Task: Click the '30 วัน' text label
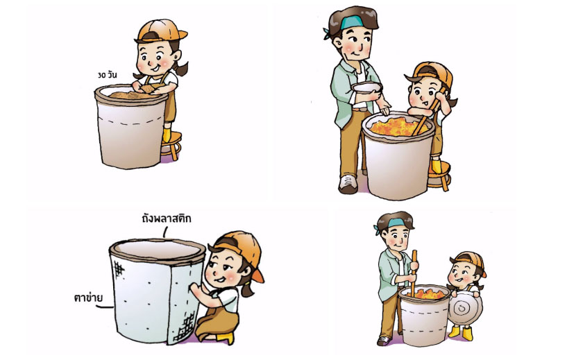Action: click(x=107, y=75)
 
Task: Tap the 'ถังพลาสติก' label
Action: click(x=167, y=218)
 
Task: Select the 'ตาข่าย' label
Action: click(x=88, y=298)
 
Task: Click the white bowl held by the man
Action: click(x=367, y=88)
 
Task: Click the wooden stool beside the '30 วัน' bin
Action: click(x=171, y=144)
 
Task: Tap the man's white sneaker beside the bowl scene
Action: click(x=348, y=184)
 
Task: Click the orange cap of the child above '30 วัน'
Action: click(x=160, y=31)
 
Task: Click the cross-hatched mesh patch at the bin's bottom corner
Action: click(x=185, y=327)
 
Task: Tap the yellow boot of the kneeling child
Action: click(x=225, y=338)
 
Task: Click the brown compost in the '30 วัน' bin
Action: click(x=133, y=96)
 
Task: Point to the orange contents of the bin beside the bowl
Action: click(x=396, y=127)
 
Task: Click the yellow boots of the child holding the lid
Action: click(x=461, y=332)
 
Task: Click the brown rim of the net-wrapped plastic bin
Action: click(x=158, y=250)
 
